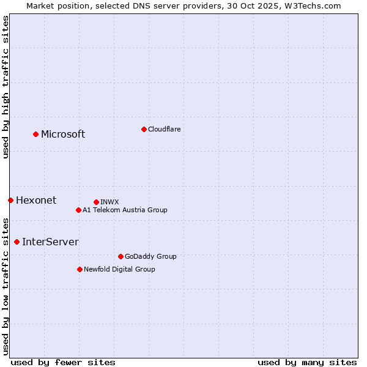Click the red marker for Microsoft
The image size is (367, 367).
[x=35, y=134]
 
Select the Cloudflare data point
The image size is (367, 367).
[x=144, y=129]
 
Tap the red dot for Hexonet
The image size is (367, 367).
[x=10, y=200]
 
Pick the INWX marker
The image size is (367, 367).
[x=96, y=202]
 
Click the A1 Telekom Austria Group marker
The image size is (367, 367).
[x=78, y=210]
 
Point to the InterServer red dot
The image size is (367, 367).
[x=17, y=242]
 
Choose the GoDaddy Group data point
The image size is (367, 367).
[x=120, y=256]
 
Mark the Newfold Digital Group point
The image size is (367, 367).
[x=80, y=269]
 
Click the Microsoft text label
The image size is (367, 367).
[x=63, y=135]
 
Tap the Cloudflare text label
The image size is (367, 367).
[x=165, y=129]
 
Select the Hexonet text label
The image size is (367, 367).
[x=36, y=201]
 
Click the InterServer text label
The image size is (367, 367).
[x=50, y=242]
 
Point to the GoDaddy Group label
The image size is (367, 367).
[x=150, y=256]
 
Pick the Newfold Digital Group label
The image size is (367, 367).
[x=119, y=269]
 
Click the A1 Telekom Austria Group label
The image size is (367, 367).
[x=125, y=210]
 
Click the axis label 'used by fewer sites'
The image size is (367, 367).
[x=63, y=362]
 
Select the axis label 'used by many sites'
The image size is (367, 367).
[x=307, y=362]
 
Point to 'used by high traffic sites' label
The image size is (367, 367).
[x=6, y=87]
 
